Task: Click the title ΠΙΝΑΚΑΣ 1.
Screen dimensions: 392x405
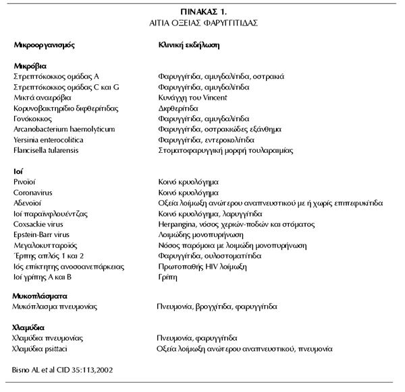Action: [x=202, y=11]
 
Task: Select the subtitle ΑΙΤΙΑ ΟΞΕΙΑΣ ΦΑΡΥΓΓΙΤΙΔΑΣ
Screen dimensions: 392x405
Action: [x=202, y=22]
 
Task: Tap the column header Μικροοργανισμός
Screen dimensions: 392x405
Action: [x=45, y=46]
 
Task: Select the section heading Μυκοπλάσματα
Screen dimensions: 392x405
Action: [x=40, y=296]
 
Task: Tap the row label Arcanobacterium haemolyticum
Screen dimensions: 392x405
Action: [x=65, y=129]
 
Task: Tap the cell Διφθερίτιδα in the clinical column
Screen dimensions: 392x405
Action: [x=178, y=108]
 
